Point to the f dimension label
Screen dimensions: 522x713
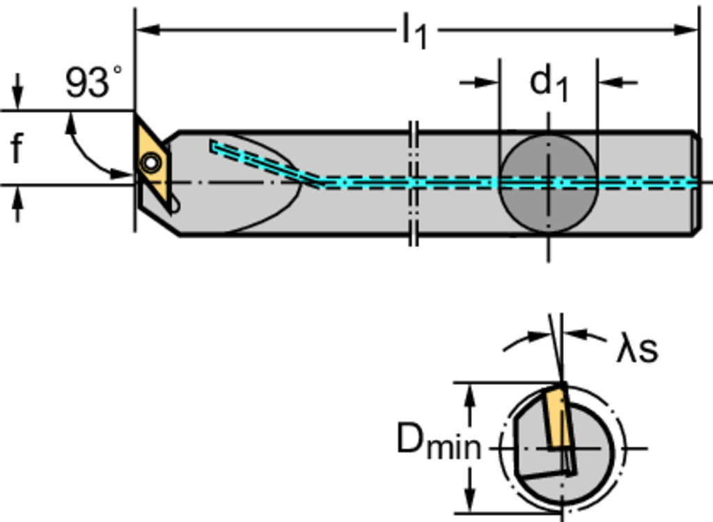17,148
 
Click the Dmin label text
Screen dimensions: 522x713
439,441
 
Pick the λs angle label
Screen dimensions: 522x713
636,349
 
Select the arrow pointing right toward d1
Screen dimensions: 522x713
487,83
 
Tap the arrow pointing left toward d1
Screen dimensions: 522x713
610,83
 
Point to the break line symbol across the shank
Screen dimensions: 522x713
413,183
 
